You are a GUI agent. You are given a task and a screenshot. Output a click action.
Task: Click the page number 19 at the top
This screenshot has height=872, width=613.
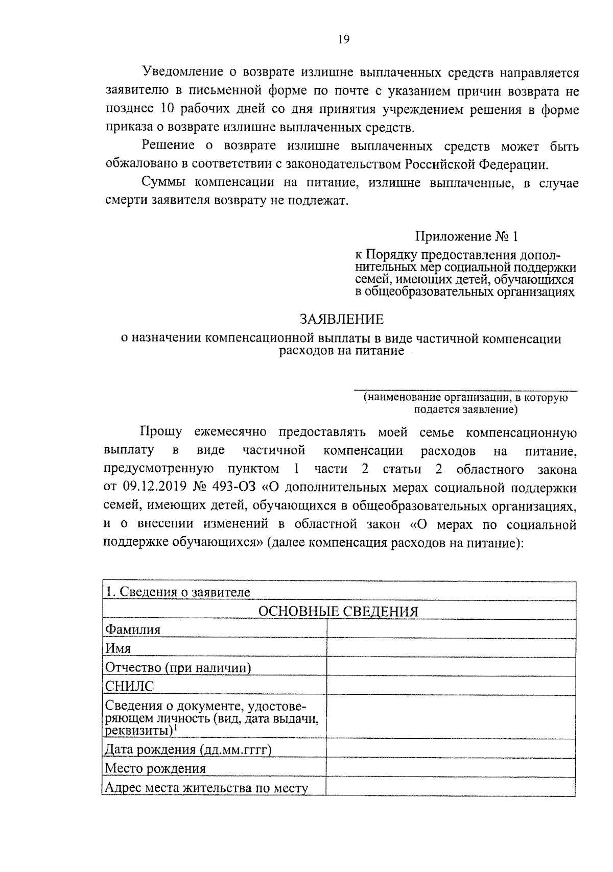click(343, 39)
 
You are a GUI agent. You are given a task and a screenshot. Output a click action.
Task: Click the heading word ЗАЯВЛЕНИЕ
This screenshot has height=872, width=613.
click(341, 320)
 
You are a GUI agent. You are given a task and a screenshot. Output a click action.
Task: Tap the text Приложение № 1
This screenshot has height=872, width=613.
click(466, 236)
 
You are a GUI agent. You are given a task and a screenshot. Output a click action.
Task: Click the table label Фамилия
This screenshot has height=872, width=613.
click(133, 629)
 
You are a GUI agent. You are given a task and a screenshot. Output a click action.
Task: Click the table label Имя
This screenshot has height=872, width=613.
click(118, 648)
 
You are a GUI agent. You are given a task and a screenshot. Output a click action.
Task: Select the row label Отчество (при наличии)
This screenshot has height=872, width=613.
click(178, 667)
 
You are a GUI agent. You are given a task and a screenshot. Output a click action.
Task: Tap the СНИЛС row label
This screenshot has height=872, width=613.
click(129, 686)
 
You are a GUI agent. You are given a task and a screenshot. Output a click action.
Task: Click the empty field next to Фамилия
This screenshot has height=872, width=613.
click(451, 629)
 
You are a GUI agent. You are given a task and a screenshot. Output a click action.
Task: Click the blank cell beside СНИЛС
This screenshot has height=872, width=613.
click(451, 686)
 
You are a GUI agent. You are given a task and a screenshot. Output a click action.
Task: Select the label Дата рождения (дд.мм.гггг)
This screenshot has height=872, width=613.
click(188, 749)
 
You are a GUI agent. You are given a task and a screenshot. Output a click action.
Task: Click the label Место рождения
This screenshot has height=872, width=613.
click(155, 768)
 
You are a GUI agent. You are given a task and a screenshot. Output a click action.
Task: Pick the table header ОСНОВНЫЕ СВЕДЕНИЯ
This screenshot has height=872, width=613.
click(338, 612)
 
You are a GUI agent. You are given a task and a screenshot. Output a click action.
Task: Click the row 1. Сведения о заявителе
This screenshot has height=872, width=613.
click(177, 592)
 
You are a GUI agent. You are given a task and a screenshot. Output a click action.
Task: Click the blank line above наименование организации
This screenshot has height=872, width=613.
click(465, 390)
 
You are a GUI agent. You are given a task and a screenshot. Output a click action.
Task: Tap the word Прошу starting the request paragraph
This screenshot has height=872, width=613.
click(161, 432)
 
